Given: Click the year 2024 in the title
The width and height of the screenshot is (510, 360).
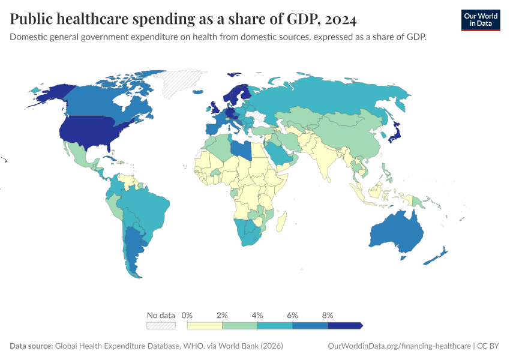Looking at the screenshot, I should pyautogui.click(x=340, y=20).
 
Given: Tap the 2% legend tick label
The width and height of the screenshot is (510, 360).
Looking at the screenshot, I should pyautogui.click(x=223, y=315).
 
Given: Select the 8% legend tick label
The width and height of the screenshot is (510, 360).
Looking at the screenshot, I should pyautogui.click(x=328, y=315).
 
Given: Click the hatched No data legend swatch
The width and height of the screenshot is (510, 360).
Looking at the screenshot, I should pyautogui.click(x=161, y=325).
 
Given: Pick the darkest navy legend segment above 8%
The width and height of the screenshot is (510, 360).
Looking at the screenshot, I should pyautogui.click(x=345, y=325).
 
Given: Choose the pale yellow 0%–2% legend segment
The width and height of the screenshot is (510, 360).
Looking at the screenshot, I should pyautogui.click(x=205, y=325).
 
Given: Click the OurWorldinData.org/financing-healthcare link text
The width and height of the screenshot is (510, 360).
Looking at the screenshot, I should pyautogui.click(x=398, y=346).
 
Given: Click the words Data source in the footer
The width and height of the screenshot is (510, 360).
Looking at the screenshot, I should pyautogui.click(x=31, y=346).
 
